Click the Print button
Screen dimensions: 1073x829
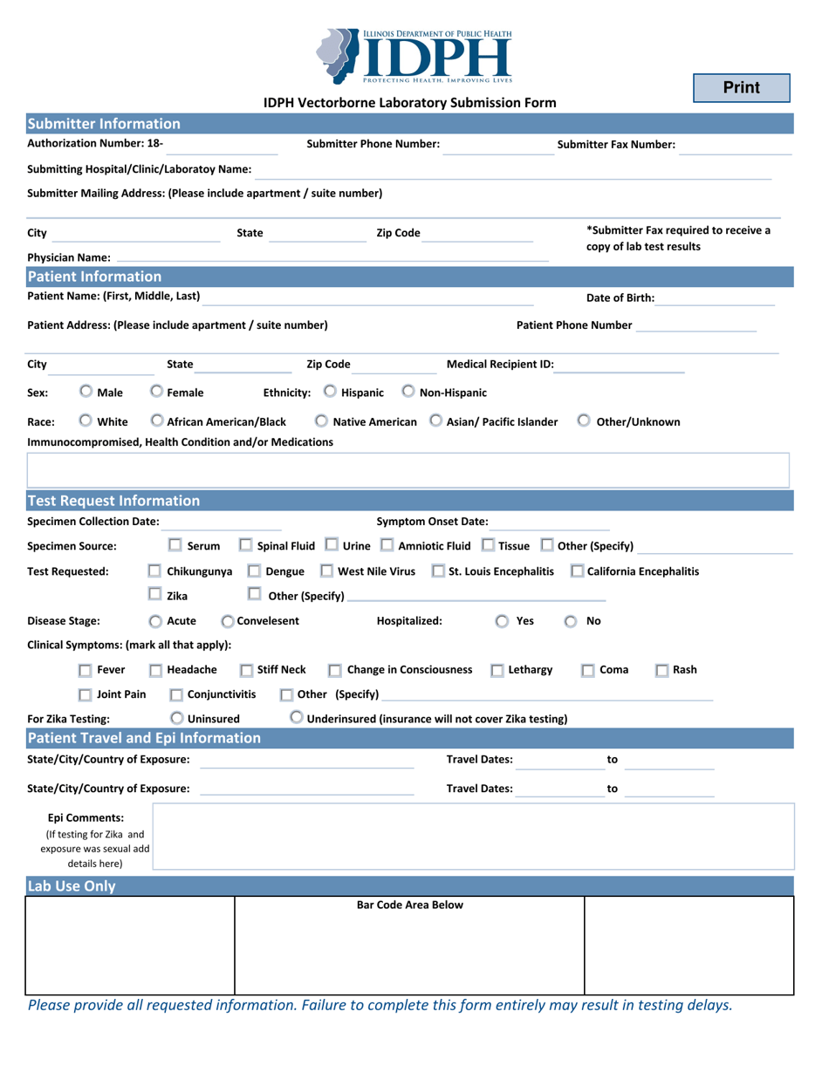(x=741, y=88)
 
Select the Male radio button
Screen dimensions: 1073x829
(x=86, y=392)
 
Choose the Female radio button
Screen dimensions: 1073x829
(x=156, y=392)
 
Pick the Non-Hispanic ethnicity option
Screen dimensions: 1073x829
(x=408, y=392)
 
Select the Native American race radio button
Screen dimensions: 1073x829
(x=322, y=421)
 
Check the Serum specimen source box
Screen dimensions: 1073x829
(x=175, y=546)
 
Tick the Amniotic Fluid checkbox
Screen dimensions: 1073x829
(x=387, y=546)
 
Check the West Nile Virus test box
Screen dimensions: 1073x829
(x=326, y=571)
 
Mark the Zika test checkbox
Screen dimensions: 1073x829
(x=154, y=596)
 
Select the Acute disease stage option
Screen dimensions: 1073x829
(x=155, y=622)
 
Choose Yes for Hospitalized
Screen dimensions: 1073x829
(x=503, y=622)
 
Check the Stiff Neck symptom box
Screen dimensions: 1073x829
(x=247, y=670)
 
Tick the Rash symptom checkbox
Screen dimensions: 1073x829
(x=662, y=670)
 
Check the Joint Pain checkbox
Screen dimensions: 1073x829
(x=86, y=695)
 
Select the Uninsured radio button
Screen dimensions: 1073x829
(x=177, y=719)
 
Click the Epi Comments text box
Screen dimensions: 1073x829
(x=474, y=837)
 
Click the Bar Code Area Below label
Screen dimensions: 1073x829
(x=410, y=906)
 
